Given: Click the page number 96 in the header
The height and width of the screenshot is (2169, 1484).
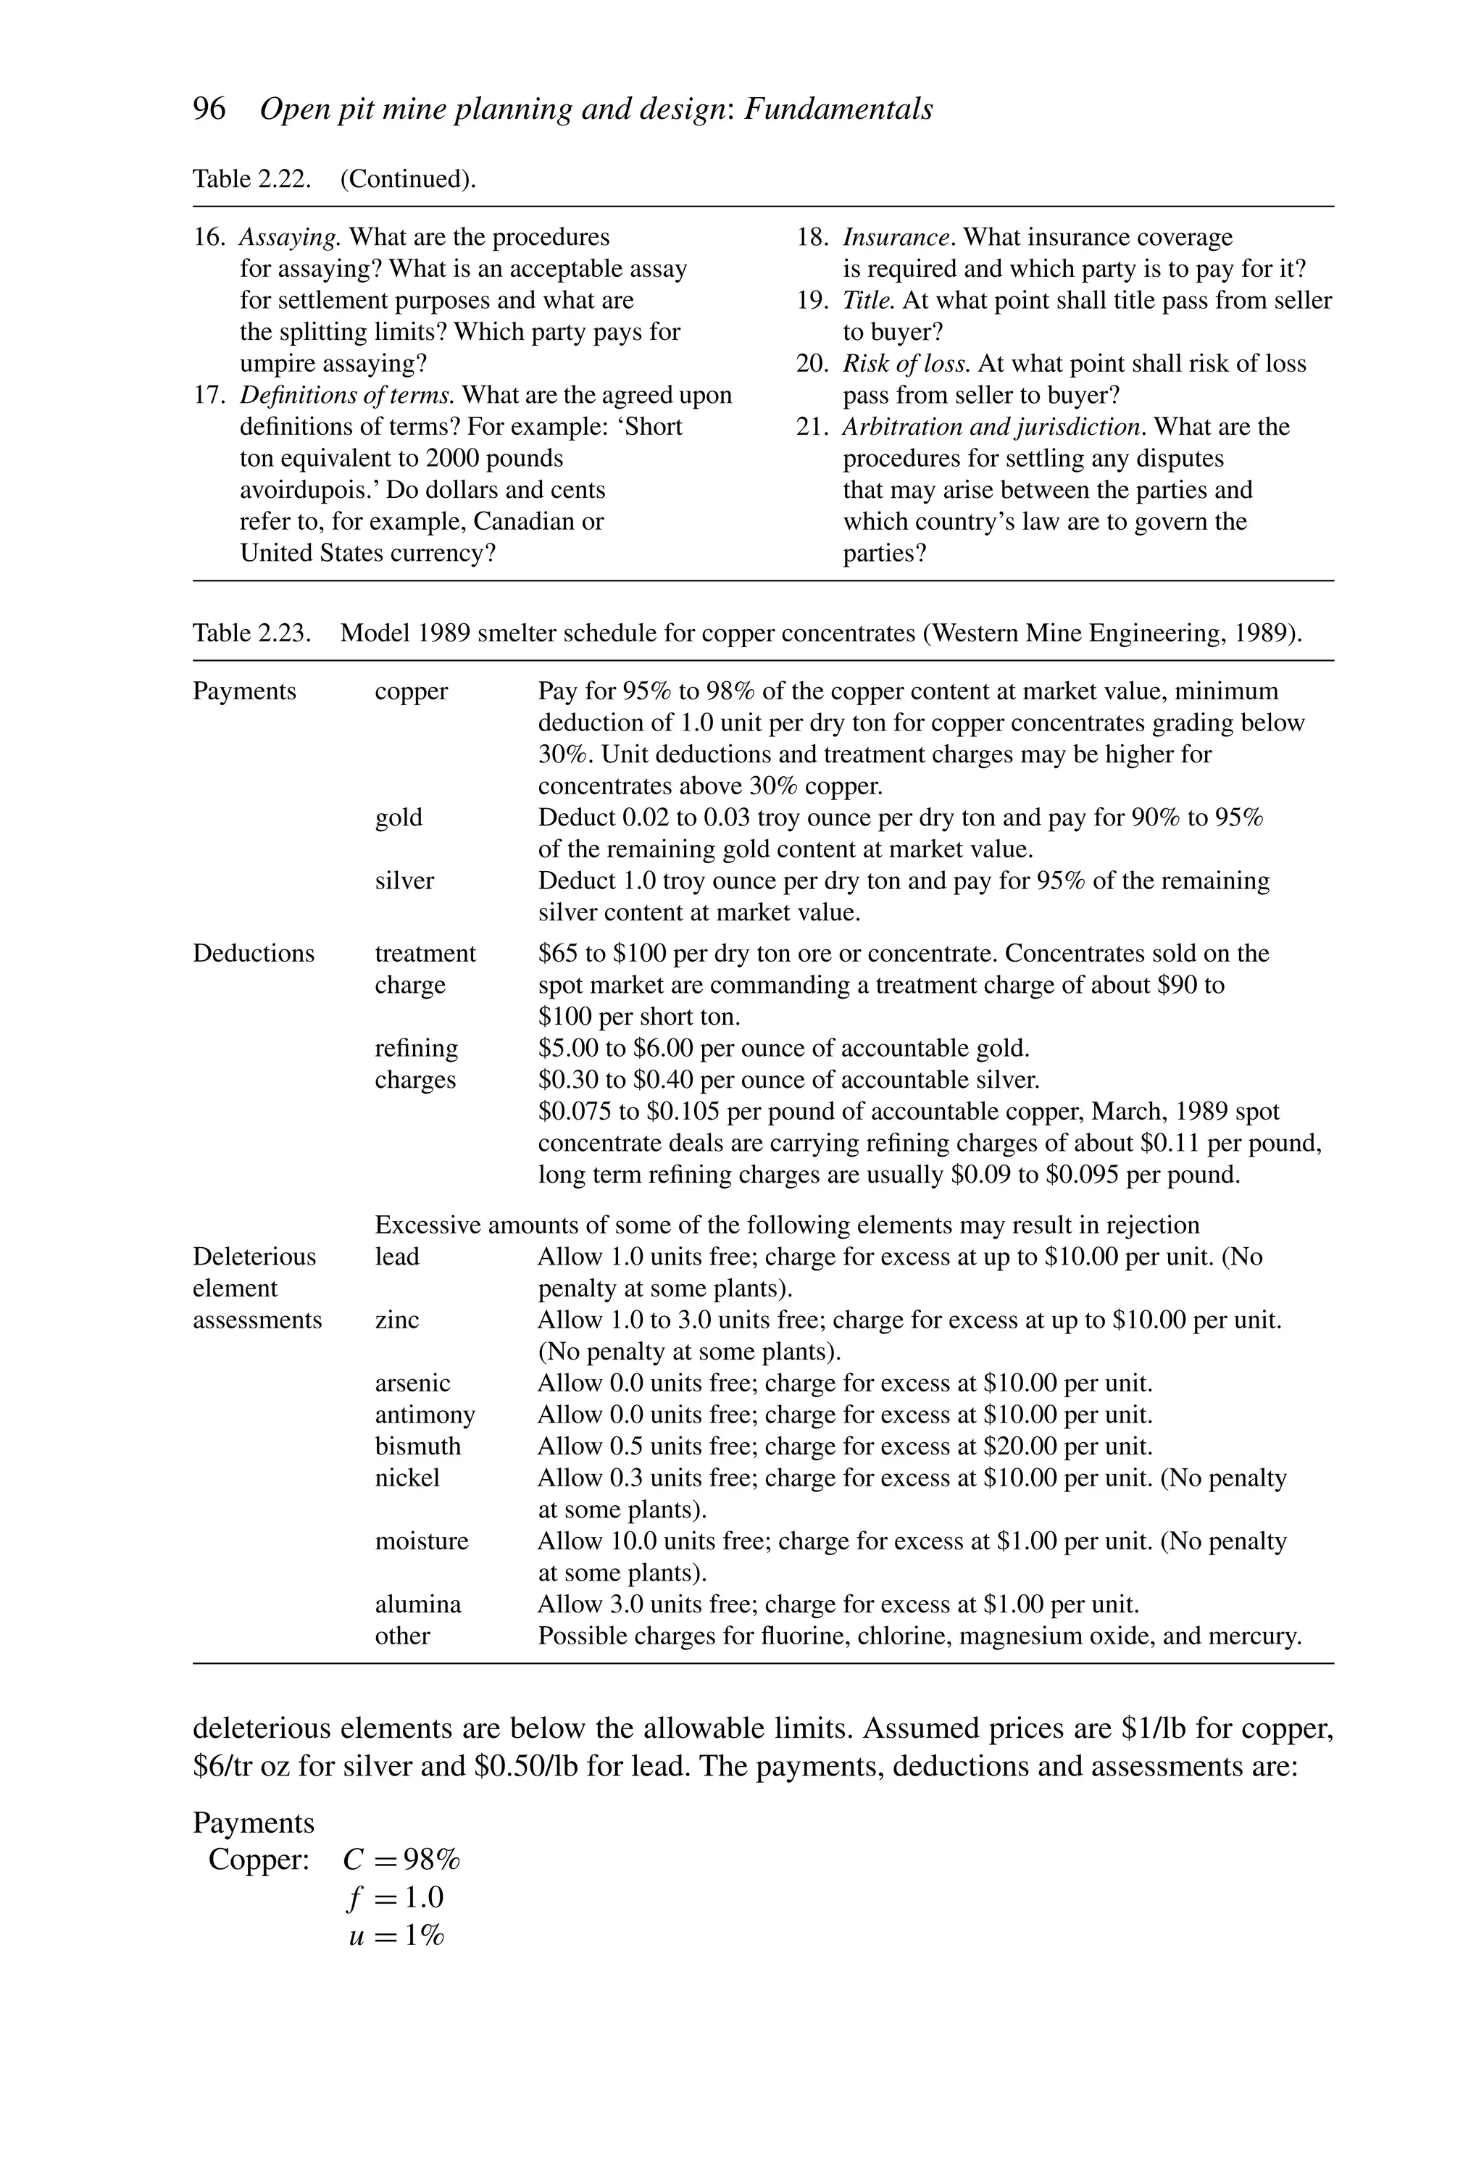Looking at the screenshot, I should (209, 109).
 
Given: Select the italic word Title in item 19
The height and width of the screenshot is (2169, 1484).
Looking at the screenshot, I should (868, 301).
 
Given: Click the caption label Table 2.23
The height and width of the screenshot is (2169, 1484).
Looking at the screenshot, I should (251, 633).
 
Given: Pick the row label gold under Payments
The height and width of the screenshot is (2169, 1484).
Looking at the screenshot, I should (399, 817).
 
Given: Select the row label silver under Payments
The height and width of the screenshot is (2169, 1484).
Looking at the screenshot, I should (404, 881).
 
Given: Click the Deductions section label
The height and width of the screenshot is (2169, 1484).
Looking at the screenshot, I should (253, 953).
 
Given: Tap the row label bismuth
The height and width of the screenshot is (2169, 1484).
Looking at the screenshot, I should (417, 1446).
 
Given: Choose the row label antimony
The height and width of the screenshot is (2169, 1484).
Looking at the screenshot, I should (425, 1415).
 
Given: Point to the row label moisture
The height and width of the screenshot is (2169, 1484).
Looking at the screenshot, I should (421, 1541).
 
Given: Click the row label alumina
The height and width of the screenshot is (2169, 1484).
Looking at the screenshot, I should (417, 1604).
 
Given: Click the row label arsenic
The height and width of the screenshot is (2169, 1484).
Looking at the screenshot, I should (412, 1383).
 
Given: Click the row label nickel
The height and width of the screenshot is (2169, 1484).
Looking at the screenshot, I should (407, 1478).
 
